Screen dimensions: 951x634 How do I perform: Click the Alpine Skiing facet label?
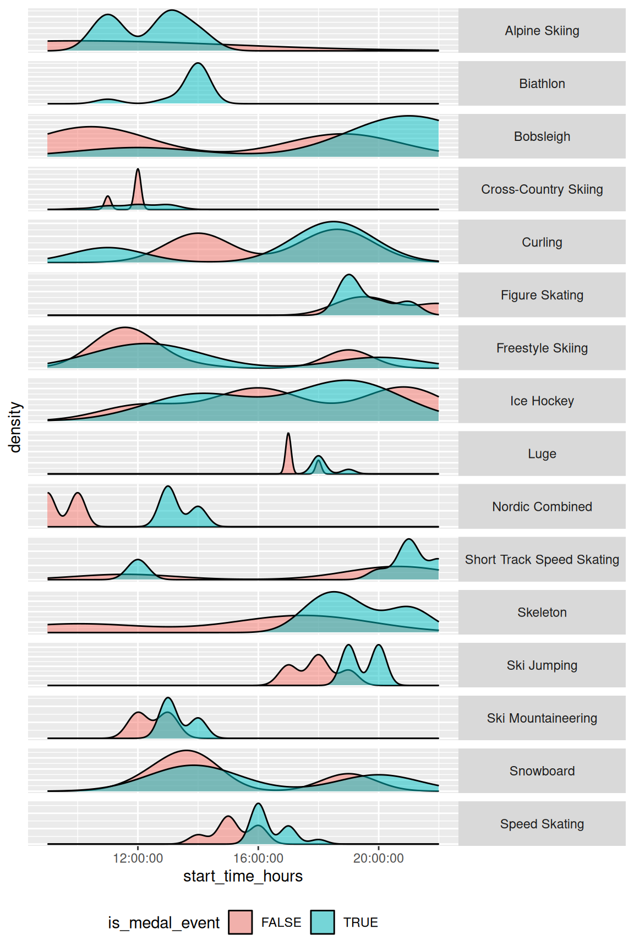click(x=542, y=31)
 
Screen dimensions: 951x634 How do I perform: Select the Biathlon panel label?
click(x=542, y=84)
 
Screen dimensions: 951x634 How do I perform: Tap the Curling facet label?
click(x=542, y=242)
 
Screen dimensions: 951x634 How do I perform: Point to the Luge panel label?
click(x=542, y=453)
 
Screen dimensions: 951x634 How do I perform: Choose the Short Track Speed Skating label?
click(x=542, y=559)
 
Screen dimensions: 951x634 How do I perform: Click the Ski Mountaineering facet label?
click(x=542, y=718)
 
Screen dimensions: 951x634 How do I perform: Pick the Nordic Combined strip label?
click(x=542, y=506)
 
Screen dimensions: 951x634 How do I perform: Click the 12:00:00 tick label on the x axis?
click(x=138, y=858)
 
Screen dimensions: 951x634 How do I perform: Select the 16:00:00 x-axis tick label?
click(x=258, y=858)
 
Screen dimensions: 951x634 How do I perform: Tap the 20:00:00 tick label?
click(x=379, y=858)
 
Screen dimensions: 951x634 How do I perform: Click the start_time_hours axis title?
click(x=243, y=876)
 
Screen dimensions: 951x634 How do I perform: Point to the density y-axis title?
click(x=15, y=427)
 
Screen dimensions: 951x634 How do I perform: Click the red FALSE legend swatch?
click(x=241, y=922)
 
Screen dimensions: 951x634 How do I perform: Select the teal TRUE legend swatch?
click(x=323, y=922)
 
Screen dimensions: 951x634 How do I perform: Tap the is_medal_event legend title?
click(x=163, y=923)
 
